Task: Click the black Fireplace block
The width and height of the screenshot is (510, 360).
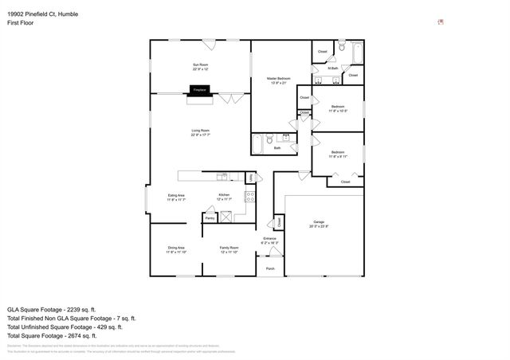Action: [x=200, y=91]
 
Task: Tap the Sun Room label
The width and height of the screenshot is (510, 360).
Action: [x=200, y=66]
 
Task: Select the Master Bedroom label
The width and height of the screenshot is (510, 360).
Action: [x=278, y=80]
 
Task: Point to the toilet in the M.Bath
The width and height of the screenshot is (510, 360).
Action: [x=340, y=48]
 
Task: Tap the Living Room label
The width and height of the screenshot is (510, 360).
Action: [x=200, y=132]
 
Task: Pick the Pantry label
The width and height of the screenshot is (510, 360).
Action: [x=210, y=217]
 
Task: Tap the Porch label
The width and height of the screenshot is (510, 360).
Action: [x=270, y=268]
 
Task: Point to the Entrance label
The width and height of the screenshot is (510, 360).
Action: [x=270, y=240]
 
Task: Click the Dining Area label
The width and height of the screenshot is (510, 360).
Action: [x=176, y=249]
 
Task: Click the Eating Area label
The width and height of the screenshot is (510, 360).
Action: [x=176, y=198]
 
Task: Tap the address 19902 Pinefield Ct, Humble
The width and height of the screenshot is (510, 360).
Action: [x=47, y=6]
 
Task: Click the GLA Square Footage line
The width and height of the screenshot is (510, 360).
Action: [x=51, y=309]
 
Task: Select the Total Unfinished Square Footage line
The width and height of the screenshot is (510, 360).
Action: [x=64, y=327]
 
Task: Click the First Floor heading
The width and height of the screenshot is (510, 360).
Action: [x=20, y=14]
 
